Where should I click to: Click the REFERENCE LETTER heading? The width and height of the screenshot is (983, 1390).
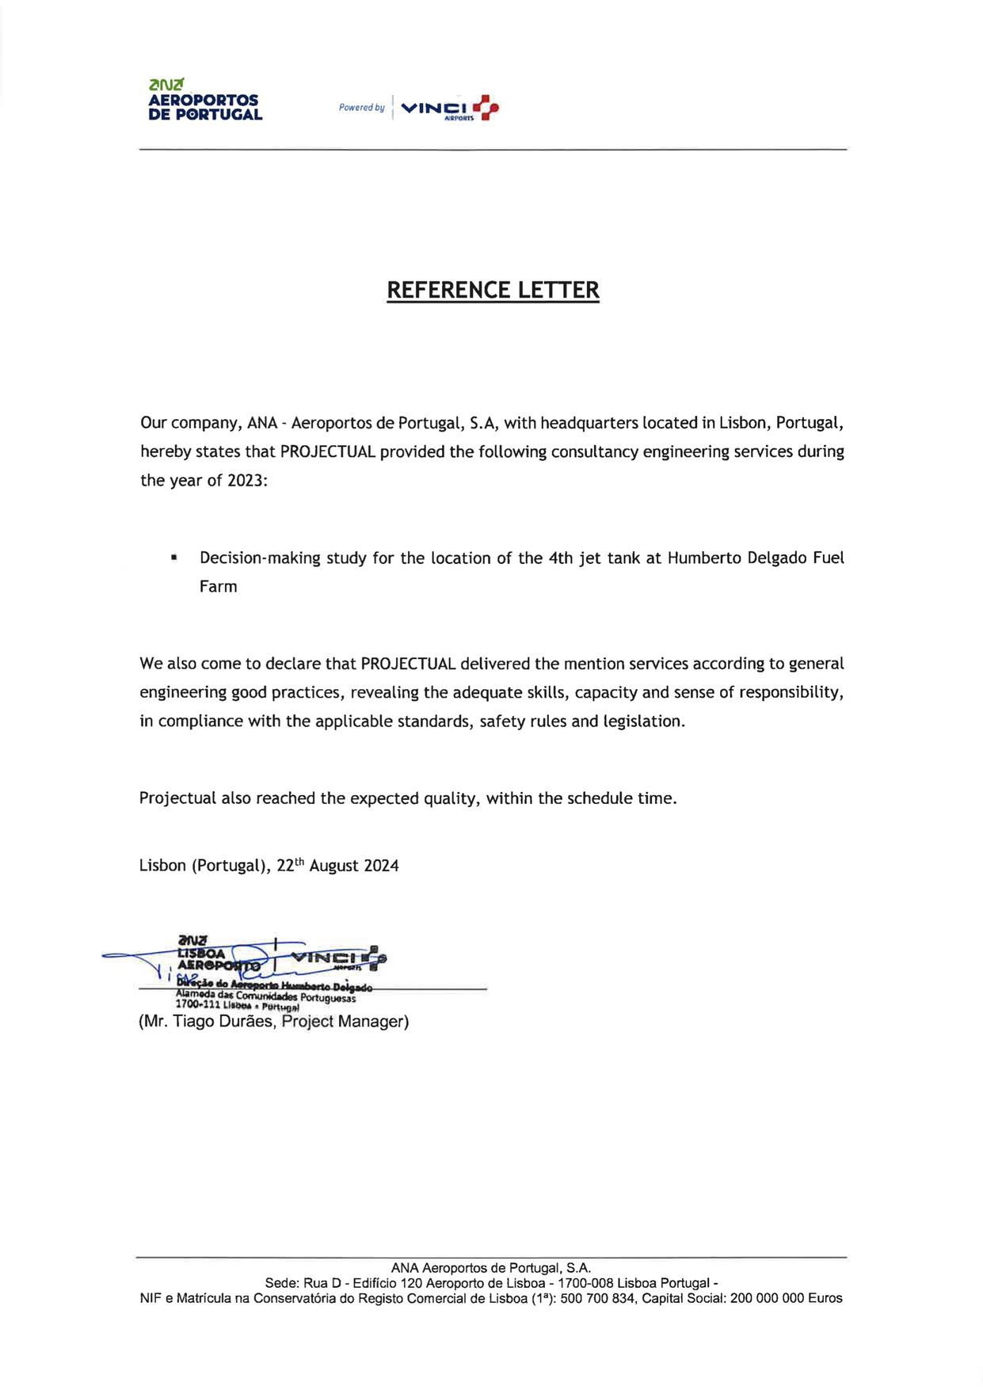[x=493, y=290]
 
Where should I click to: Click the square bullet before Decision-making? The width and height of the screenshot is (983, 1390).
[x=173, y=558]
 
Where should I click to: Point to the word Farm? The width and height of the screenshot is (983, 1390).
[x=218, y=587]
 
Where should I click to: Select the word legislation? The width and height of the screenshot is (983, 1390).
[x=643, y=722]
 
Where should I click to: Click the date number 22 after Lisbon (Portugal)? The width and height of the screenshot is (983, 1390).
[x=285, y=866]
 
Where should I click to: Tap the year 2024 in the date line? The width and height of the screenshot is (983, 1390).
[x=381, y=866]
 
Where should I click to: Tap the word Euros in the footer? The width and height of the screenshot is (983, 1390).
[x=825, y=1299]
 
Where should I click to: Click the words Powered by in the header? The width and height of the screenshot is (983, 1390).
[x=361, y=108]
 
